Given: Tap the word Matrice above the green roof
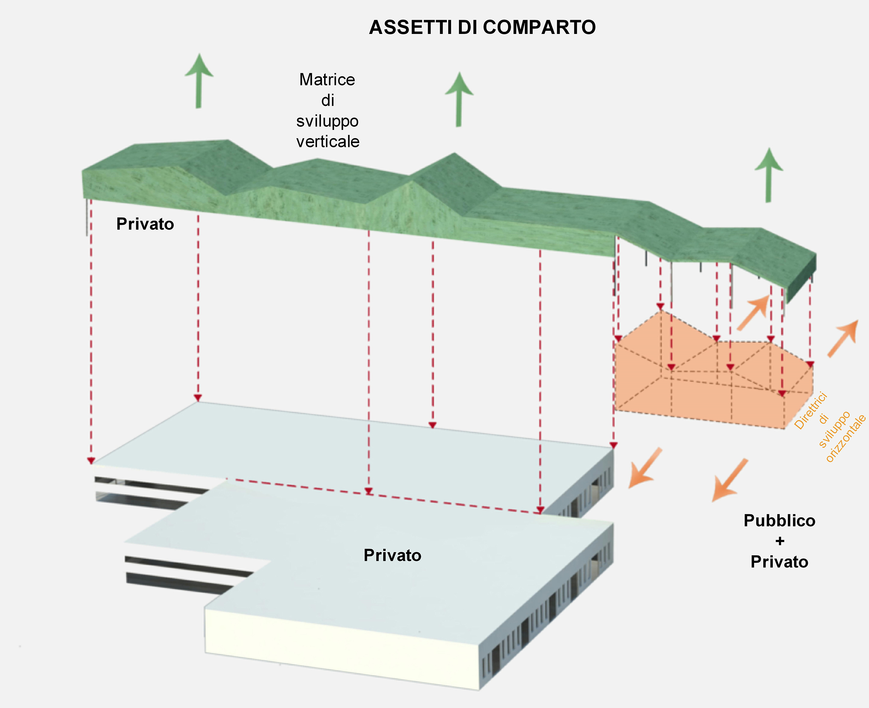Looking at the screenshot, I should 327,80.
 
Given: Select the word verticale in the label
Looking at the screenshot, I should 328,142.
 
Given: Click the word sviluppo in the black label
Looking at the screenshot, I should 327,121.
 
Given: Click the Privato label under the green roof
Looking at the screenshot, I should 145,224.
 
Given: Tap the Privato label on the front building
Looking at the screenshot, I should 392,555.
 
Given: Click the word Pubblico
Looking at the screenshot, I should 779,521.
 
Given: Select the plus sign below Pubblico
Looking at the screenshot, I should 779,541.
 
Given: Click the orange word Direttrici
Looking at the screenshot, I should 810,410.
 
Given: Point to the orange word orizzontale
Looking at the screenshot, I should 846,438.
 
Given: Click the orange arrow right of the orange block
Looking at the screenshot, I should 842,338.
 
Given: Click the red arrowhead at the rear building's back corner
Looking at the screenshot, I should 198,398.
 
